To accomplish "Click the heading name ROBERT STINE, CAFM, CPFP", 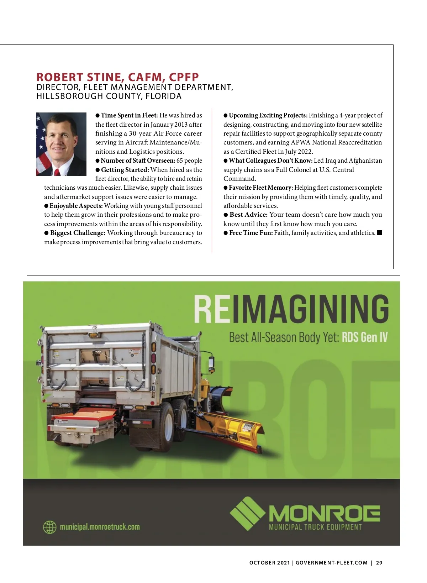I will point(117,77).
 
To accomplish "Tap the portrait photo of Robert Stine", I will point(61,144).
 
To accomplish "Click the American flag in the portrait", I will point(42,149).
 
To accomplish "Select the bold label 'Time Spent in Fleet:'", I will point(129,115).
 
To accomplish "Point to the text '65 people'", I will point(189,161).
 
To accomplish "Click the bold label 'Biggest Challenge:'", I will point(78,233).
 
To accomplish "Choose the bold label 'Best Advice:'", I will point(248,215).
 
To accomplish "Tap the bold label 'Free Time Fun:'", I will point(251,233).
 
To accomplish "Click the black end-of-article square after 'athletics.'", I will point(379,233).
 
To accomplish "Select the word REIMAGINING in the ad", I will point(291,309).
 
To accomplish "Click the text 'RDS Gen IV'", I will point(364,337).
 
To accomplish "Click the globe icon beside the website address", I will point(49,527).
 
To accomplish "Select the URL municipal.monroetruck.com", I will point(100,527).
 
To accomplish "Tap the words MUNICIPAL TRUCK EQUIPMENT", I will point(315,527).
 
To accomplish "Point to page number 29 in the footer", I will point(379,563).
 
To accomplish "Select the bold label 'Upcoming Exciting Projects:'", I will point(268,115).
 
